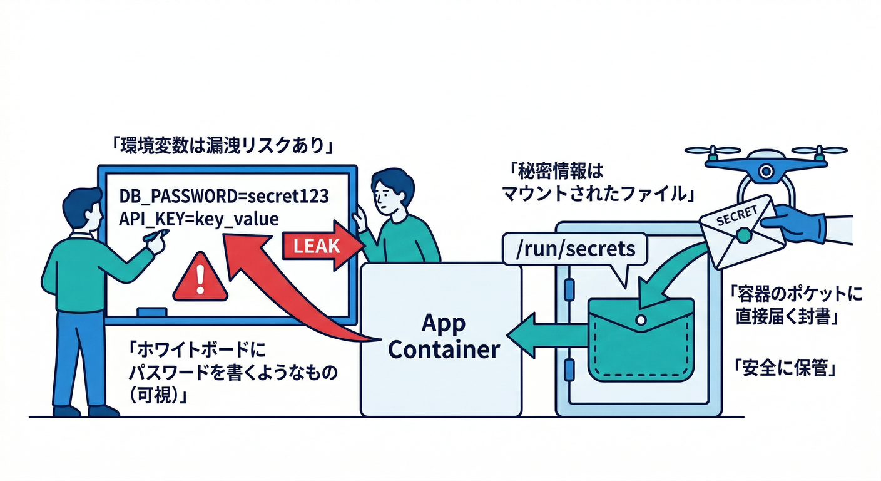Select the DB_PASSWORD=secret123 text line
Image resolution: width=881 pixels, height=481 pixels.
(223, 196)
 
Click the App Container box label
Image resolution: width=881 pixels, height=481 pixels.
(443, 336)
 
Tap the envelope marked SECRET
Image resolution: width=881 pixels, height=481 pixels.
(741, 231)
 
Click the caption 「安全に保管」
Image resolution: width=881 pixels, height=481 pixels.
(785, 368)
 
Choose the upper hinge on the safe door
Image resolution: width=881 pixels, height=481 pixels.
(568, 287)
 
